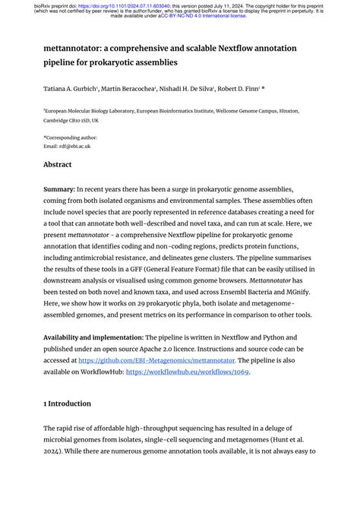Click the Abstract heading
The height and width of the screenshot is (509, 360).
[x=58, y=164]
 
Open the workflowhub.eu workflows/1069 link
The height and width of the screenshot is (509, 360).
[x=188, y=371]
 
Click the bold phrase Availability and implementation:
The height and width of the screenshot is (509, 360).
[x=93, y=337]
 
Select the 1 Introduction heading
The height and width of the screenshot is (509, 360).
[x=67, y=403]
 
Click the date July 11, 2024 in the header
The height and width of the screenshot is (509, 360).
[x=238, y=5]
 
